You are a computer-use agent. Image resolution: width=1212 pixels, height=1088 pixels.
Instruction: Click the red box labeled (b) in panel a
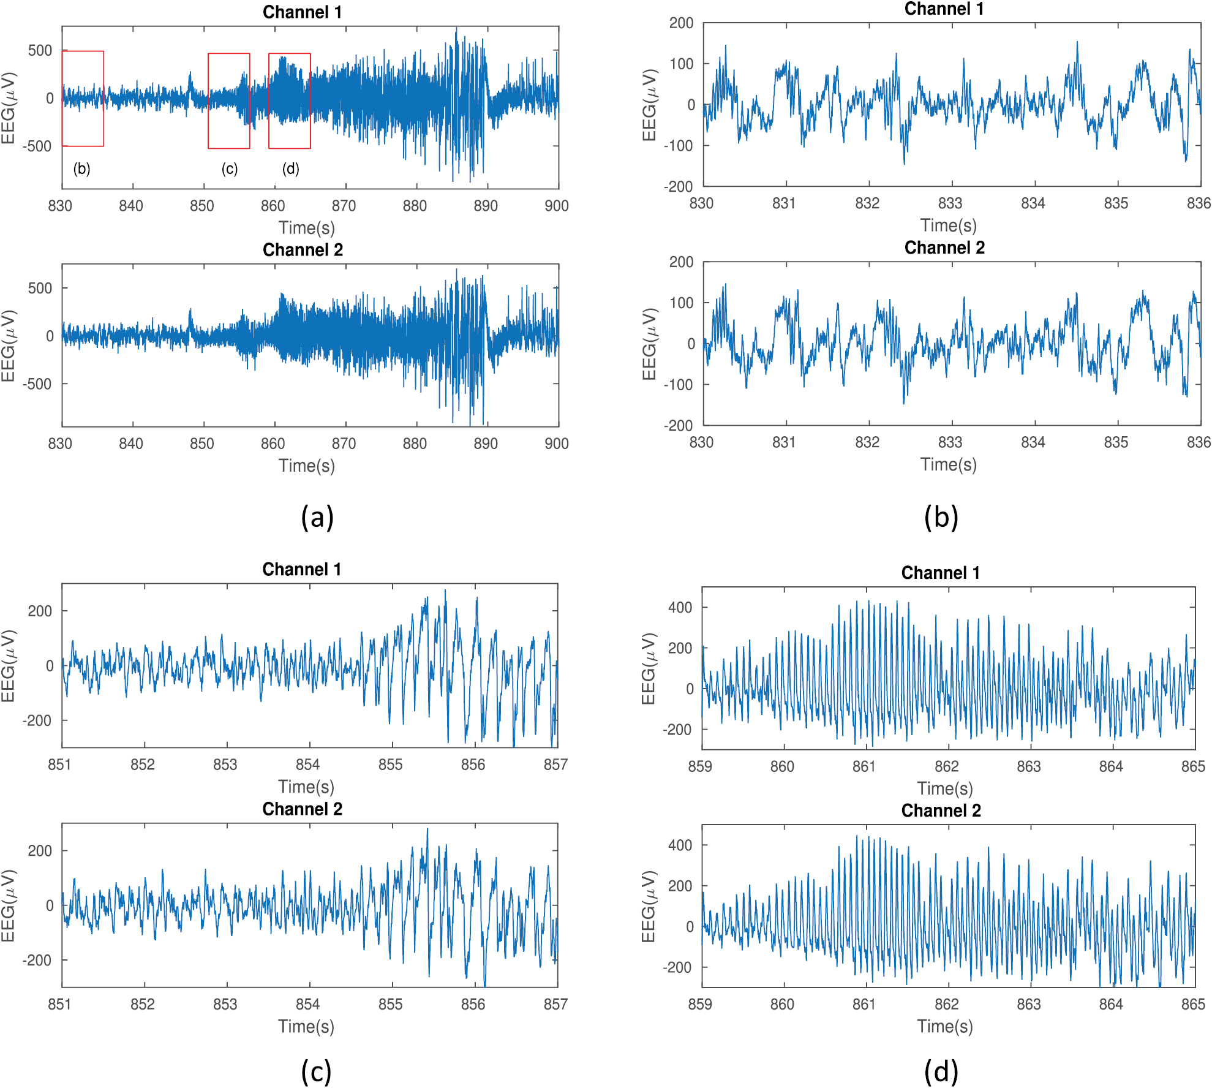coord(83,99)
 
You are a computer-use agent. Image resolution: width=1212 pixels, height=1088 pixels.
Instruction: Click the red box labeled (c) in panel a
coord(228,100)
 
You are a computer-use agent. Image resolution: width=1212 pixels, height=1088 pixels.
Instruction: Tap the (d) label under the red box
coord(290,168)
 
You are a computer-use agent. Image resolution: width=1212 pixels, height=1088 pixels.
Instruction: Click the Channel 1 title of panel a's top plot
coord(302,12)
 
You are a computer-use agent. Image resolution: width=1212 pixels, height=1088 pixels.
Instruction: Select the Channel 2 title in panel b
coord(944,247)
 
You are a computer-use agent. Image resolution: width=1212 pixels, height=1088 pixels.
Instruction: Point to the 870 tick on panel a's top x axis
coord(344,206)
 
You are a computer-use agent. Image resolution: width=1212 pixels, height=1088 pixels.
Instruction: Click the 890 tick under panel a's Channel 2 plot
coord(486,444)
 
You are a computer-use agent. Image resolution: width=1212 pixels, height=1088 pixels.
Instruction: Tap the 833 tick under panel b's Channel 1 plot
coord(950,203)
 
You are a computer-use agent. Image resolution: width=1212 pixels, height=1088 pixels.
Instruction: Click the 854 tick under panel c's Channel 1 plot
coord(307,765)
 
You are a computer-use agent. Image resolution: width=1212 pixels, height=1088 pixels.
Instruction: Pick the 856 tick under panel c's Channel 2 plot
coord(473,1004)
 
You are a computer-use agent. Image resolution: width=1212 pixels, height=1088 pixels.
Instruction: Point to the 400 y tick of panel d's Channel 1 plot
coord(680,607)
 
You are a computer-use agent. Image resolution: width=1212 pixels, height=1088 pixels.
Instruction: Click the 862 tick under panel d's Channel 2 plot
coord(946,1004)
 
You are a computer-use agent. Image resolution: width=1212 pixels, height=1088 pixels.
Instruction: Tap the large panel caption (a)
coord(317,517)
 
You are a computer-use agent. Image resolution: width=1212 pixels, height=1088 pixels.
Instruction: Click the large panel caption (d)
coord(941,1071)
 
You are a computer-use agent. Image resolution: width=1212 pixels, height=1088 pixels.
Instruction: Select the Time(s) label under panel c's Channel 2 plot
coord(306,1026)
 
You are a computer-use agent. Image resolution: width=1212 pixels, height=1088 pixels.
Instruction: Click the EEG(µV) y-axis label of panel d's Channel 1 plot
coord(649,668)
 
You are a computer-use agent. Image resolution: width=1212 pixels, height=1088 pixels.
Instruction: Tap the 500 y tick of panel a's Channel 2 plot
coord(40,288)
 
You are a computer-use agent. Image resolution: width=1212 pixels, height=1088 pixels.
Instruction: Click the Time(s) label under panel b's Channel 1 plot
coord(948,225)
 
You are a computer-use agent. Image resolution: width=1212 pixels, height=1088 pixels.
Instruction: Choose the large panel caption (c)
coord(316,1071)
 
